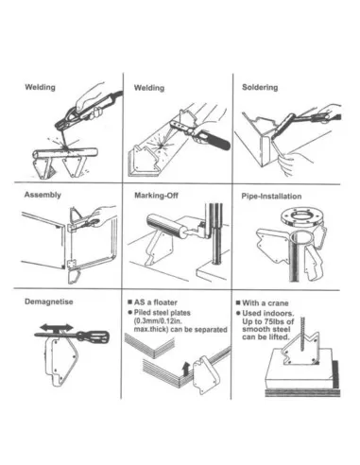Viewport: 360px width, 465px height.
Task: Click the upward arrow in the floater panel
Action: tap(183, 370)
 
